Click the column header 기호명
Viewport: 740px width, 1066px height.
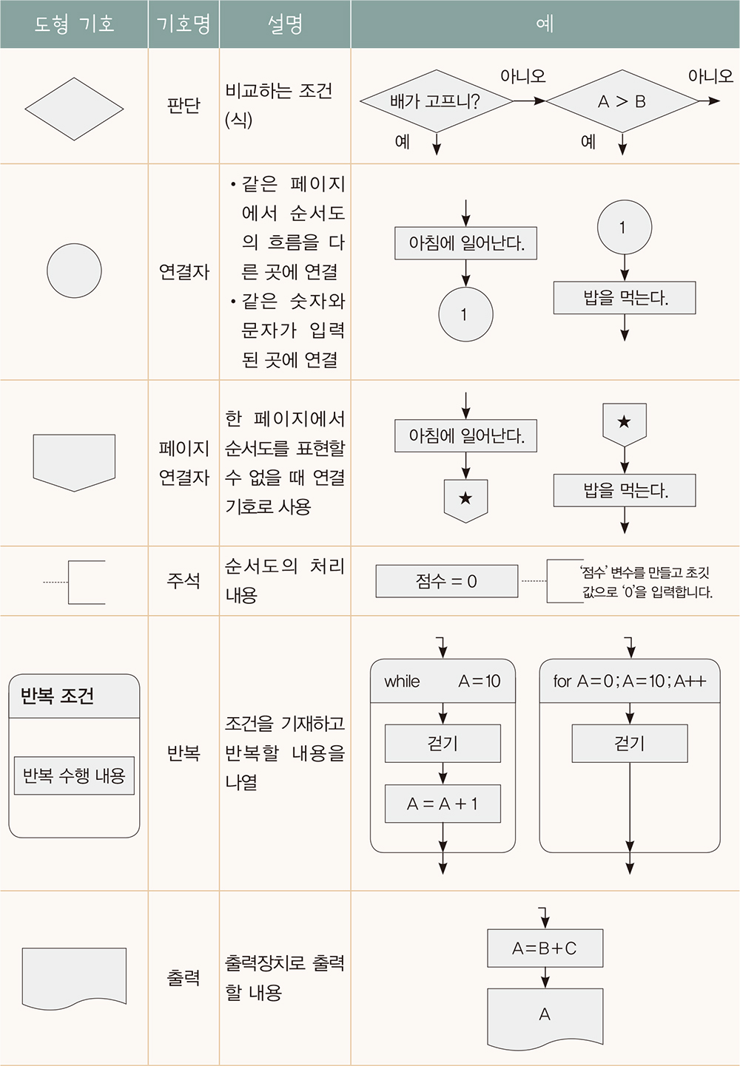pyautogui.click(x=184, y=24)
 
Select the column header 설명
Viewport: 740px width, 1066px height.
pyautogui.click(x=285, y=24)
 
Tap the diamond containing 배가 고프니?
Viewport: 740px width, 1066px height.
pyautogui.click(x=436, y=101)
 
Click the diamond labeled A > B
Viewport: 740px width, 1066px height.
pyautogui.click(x=622, y=101)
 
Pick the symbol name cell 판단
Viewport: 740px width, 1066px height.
pyautogui.click(x=184, y=106)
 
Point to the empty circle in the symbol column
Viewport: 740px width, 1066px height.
pyautogui.click(x=74, y=271)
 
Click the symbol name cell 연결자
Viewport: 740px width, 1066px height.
pyautogui.click(x=184, y=272)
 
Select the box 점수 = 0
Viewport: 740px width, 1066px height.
pyautogui.click(x=446, y=581)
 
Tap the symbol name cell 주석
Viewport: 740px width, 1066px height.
pyautogui.click(x=184, y=580)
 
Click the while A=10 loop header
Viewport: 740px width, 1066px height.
pyautogui.click(x=443, y=681)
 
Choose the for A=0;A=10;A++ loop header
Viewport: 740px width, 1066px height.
pyautogui.click(x=630, y=681)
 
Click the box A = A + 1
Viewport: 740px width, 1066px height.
pyautogui.click(x=443, y=804)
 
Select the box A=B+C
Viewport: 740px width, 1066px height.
pyautogui.click(x=545, y=948)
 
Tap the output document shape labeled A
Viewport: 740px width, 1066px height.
pyautogui.click(x=545, y=1016)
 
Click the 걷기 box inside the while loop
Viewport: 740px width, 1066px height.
pyautogui.click(x=443, y=743)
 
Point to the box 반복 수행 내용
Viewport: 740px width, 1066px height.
pyautogui.click(x=74, y=775)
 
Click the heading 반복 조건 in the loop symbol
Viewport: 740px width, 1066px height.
pyautogui.click(x=57, y=696)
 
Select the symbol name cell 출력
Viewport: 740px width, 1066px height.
pyautogui.click(x=184, y=977)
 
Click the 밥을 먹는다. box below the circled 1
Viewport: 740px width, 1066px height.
pyautogui.click(x=625, y=298)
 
